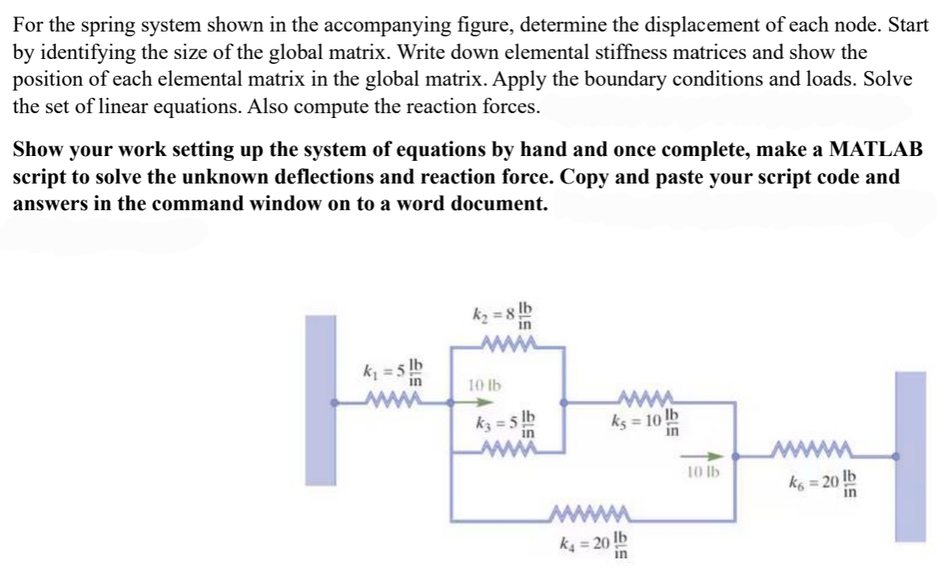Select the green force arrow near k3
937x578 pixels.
pyautogui.click(x=477, y=401)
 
